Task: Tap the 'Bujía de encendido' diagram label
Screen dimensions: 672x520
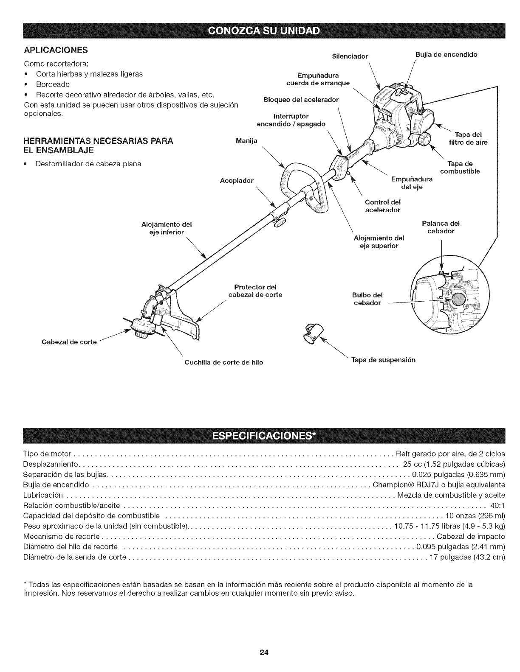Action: click(x=446, y=54)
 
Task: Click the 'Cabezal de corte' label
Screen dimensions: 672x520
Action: click(x=69, y=342)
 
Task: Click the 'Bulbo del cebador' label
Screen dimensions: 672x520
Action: click(x=367, y=299)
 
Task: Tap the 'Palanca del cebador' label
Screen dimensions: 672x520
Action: click(x=441, y=227)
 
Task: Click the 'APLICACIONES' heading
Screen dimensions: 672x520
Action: click(x=55, y=50)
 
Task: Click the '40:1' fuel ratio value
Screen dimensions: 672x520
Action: click(x=497, y=505)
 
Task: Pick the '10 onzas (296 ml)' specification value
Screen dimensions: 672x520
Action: click(x=475, y=516)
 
